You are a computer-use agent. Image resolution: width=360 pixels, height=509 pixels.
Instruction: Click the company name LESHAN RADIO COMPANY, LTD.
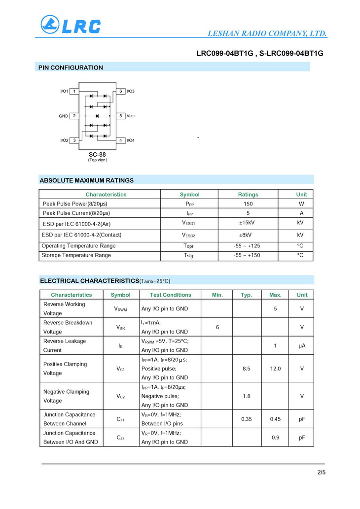(267, 34)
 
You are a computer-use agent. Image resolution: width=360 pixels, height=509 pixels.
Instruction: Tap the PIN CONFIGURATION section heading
(71, 68)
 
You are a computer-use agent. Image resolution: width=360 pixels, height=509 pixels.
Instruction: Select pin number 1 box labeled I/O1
(74, 91)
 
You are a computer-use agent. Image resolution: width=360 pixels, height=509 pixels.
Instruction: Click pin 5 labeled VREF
(121, 116)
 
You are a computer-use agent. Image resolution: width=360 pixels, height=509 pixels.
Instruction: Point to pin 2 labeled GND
(74, 116)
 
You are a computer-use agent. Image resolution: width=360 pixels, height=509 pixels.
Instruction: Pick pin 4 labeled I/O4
(121, 140)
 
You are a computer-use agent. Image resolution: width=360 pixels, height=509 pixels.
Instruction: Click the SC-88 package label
(97, 154)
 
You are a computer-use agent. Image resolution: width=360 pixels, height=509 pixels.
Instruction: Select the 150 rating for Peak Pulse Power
(248, 204)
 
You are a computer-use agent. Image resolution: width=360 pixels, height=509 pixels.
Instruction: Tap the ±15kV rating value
(248, 223)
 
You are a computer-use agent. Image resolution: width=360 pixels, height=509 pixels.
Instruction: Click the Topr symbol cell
(189, 246)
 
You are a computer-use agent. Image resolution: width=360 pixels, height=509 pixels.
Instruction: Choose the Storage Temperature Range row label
(76, 255)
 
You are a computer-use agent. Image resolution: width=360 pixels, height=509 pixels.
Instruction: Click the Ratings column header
(248, 194)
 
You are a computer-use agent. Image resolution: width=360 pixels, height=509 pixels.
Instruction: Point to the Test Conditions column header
(170, 295)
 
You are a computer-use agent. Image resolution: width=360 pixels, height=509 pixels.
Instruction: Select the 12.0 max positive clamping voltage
(275, 369)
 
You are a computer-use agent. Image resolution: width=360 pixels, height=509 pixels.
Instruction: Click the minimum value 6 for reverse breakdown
(217, 327)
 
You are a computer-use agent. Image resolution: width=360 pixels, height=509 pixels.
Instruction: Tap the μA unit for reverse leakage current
(302, 346)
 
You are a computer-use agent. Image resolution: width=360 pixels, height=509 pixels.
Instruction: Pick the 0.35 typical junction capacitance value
(247, 419)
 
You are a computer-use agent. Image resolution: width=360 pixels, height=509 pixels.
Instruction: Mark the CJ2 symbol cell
(120, 437)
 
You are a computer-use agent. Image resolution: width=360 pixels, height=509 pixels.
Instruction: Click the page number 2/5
(321, 473)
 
